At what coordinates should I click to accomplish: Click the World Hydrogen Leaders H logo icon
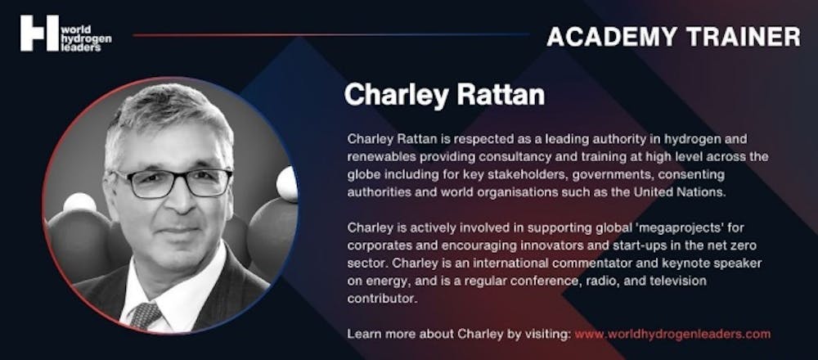[x=39, y=34]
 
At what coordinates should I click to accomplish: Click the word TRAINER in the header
[x=744, y=37]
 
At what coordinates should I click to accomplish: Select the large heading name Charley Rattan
[x=444, y=96]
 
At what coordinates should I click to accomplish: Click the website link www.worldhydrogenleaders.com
[x=672, y=334]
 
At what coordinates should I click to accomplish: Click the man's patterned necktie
[x=146, y=314]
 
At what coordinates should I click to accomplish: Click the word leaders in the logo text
[x=82, y=47]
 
